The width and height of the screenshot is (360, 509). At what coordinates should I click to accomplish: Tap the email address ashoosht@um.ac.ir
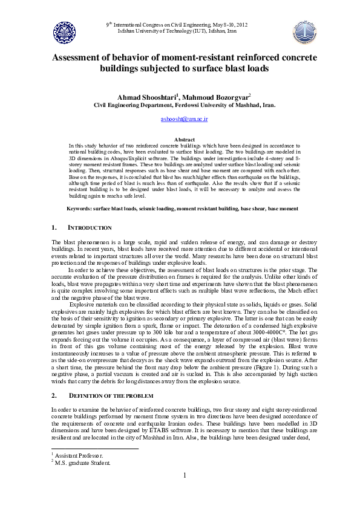coord(184,120)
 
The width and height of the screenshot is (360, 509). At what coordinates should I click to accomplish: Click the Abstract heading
coord(184,139)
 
